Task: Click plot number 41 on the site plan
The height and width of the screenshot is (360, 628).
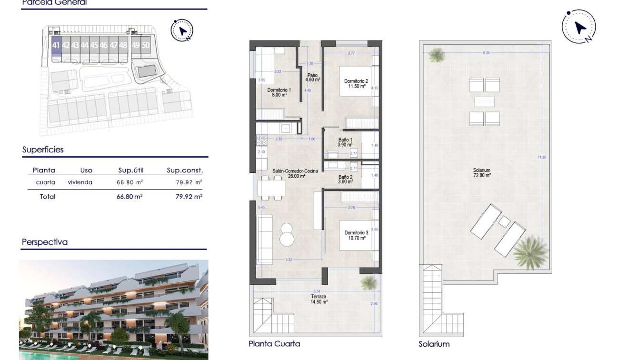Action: click(x=56, y=46)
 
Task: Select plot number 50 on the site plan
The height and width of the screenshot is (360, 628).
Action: click(x=146, y=46)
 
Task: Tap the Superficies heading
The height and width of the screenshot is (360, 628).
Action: click(x=43, y=150)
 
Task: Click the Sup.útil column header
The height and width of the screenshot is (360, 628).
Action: click(x=131, y=170)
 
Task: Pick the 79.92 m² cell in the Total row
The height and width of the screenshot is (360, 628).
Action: click(x=189, y=197)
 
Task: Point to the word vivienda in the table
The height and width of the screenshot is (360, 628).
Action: click(x=80, y=182)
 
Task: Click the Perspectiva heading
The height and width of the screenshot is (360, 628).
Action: click(x=45, y=242)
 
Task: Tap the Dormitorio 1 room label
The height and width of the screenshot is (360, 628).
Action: click(x=279, y=92)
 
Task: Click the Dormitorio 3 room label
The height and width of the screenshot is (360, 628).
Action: click(x=356, y=235)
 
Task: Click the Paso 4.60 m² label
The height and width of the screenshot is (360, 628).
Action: click(x=312, y=78)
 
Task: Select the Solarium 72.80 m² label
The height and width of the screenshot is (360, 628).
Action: click(x=481, y=172)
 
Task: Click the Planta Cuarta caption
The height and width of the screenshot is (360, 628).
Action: click(x=274, y=344)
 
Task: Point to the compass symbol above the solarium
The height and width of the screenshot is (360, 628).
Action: click(x=579, y=26)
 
